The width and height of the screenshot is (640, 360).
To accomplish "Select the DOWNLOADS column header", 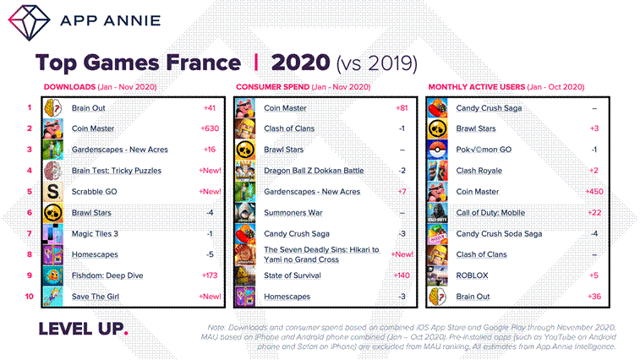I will [x=68, y=87].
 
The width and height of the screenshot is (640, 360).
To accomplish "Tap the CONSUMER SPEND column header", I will [x=269, y=87].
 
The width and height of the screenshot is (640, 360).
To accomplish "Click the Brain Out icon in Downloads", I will [x=54, y=108].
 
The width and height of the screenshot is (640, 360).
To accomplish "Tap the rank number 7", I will [x=29, y=233].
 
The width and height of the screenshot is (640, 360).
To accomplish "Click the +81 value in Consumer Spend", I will [x=402, y=108].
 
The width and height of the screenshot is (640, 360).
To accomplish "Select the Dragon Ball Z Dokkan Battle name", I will [x=314, y=171].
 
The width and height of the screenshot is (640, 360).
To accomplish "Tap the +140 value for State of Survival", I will [x=400, y=275].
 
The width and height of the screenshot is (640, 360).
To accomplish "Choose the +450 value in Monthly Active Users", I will [x=594, y=192].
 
